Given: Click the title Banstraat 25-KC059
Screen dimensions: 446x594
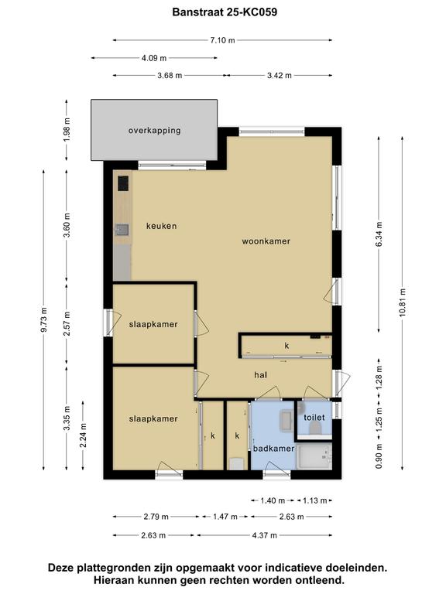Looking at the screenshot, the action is pos(225,12).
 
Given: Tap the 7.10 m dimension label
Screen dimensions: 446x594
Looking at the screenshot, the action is pos(223,40).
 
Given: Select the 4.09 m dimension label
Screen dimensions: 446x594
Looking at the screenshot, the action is pos(154,58).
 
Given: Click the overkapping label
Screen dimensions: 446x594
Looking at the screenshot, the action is pos(154,131).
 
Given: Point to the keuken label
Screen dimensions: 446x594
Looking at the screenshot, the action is pos(162,226).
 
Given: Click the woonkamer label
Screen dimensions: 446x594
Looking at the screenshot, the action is pos(266,241).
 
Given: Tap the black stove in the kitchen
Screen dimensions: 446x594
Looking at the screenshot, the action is pos(123,183).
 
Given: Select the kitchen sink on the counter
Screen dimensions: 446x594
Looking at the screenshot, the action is pos(122,230).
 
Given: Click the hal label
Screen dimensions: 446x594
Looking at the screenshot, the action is pos(260,375).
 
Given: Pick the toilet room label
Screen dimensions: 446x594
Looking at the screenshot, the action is pos(314,418).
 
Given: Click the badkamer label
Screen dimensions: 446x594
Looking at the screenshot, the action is pos(274,449).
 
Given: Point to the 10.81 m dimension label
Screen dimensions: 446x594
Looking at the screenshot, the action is pos(403,302).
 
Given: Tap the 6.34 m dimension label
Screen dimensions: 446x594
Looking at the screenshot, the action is pos(379,234).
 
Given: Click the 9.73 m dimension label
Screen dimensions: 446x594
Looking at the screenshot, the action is pos(44,320).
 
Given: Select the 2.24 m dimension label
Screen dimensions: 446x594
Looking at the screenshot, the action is pos(83,435).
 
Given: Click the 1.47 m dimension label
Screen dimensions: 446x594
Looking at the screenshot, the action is pos(225,517).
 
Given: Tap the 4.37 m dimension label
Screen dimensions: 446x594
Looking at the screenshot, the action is pos(265,535).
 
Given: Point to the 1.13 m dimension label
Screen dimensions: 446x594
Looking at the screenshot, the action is pos(315,500).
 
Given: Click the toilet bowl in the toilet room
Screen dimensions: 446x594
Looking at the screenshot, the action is pos(315,428).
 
